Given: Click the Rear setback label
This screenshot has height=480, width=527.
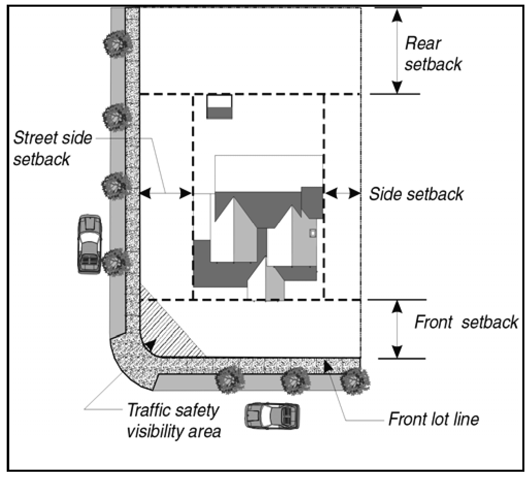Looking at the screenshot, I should click(432, 54).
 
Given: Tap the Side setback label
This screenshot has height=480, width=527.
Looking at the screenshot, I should click(416, 194).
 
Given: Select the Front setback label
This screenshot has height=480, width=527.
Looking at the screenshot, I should click(466, 323).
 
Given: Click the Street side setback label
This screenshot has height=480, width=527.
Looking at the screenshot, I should click(53, 148).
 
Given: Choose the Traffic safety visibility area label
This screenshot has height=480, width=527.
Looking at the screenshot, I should click(173, 421).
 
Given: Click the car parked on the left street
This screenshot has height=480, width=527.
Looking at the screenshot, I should click(90, 244).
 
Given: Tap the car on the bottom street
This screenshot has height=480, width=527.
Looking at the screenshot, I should click(272, 415).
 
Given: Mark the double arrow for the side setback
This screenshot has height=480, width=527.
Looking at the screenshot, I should click(342, 193).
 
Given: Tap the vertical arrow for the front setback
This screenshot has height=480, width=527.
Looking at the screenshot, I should click(397, 329).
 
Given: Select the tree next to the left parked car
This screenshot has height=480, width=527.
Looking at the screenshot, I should click(113, 262).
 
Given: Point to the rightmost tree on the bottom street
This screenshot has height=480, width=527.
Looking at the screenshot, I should click(355, 381).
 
